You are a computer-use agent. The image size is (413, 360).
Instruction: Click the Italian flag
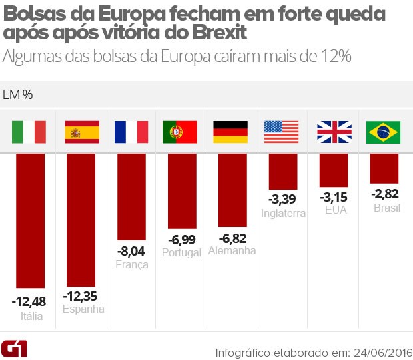click(x=29, y=132)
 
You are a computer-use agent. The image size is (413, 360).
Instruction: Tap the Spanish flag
click(x=81, y=132)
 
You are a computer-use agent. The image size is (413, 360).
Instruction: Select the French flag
click(x=131, y=132)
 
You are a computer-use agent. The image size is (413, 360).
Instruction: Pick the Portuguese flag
click(x=180, y=132)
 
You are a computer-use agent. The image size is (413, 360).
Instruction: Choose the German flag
click(x=230, y=132)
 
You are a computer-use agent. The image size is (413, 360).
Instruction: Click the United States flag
click(x=282, y=132)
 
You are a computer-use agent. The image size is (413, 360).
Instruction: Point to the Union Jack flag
click(x=334, y=132)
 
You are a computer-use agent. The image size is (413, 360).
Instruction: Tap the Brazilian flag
click(x=384, y=132)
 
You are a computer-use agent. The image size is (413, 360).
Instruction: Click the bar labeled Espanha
click(x=81, y=220)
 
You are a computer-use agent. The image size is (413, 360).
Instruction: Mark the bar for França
click(x=131, y=196)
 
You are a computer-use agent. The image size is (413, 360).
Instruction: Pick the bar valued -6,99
click(x=181, y=191)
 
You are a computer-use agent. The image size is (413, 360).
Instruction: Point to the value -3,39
click(x=282, y=200)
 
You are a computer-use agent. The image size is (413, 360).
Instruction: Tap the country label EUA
click(x=333, y=210)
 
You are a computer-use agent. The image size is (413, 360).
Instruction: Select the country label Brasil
click(x=386, y=208)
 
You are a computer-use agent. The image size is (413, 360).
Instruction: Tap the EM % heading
click(x=19, y=94)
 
